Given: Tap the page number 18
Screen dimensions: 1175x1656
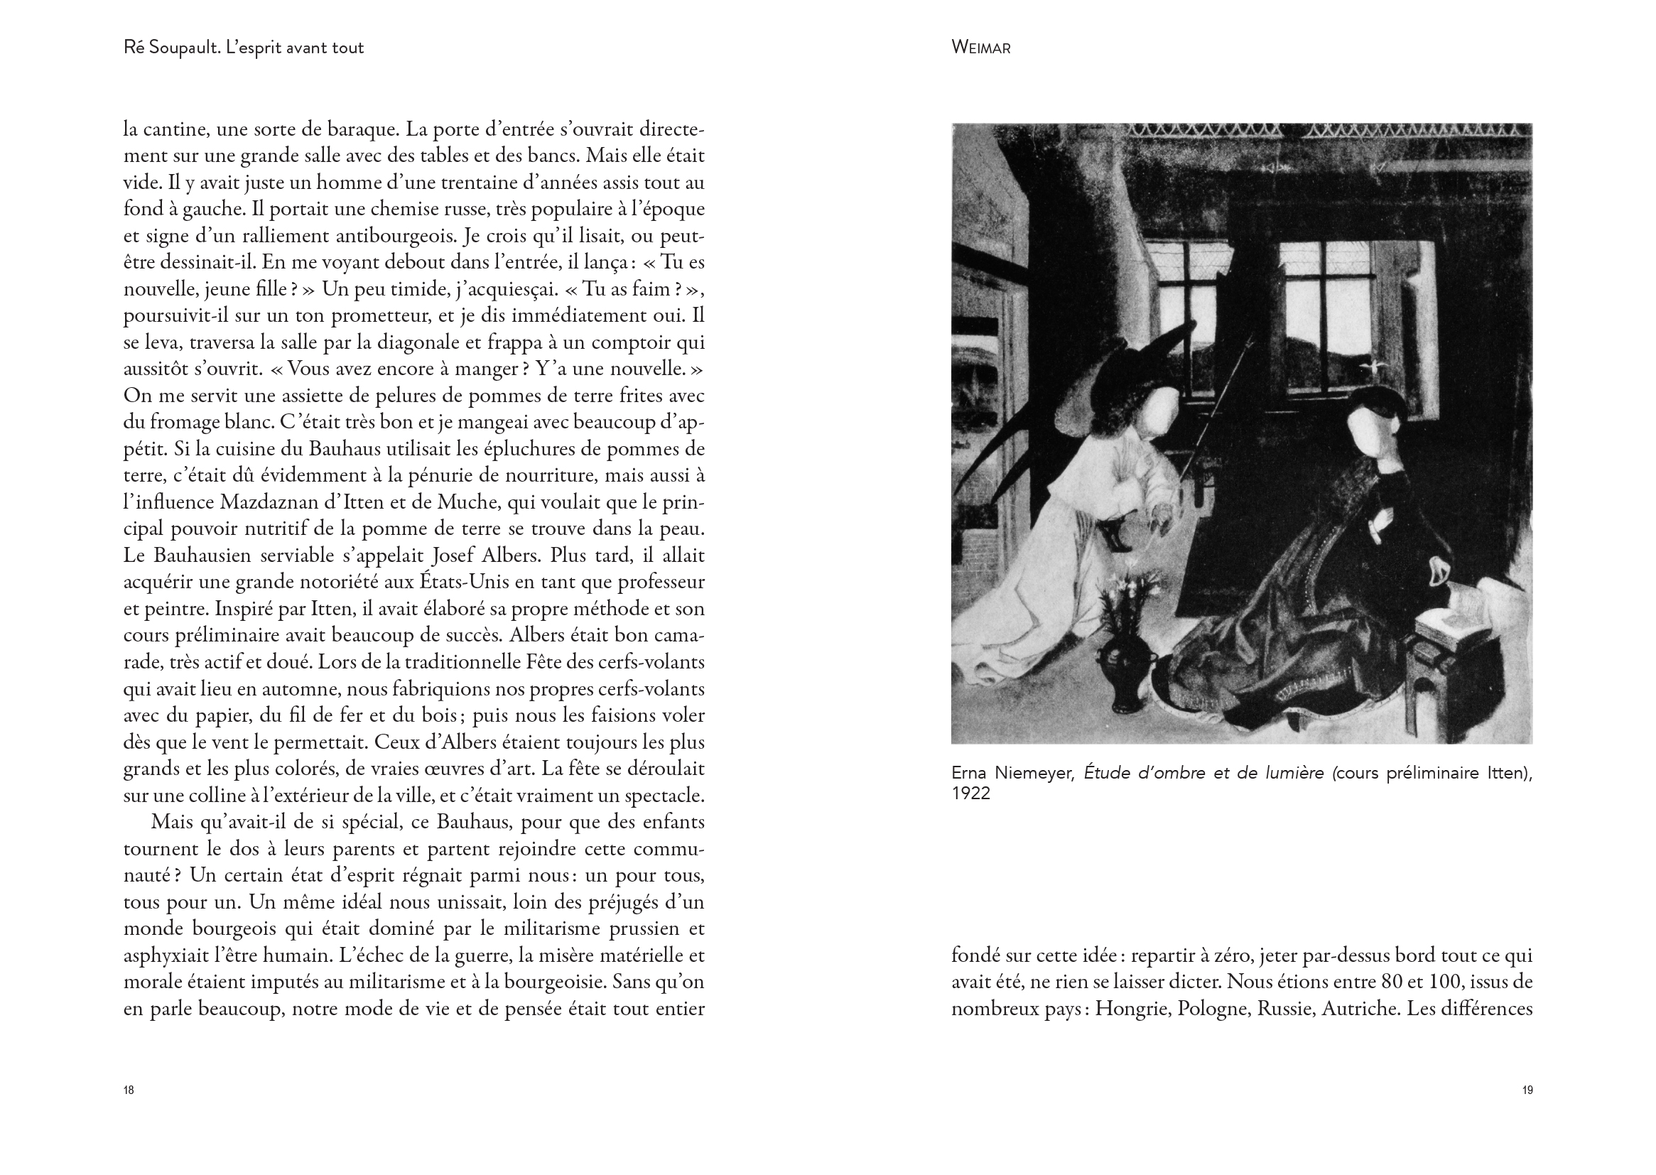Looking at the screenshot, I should point(129,1090).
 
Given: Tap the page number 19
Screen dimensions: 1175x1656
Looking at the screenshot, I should point(1527,1090).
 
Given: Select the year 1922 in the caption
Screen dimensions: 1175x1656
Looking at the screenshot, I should point(970,793).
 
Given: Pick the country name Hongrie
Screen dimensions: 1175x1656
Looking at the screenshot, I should point(1133,1009).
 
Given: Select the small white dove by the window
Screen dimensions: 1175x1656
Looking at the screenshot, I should point(1367,367).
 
